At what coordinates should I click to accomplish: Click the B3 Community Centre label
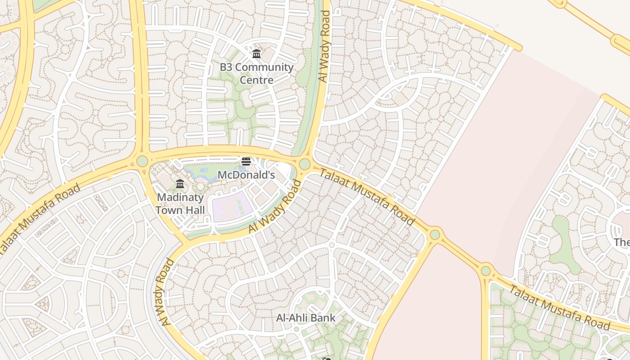pos(256,73)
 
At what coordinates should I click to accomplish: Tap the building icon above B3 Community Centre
pos(256,54)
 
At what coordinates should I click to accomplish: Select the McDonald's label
pos(246,175)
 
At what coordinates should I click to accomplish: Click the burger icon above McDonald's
pos(246,162)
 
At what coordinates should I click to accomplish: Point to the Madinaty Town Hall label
pos(180,203)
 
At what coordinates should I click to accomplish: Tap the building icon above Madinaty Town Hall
pos(180,184)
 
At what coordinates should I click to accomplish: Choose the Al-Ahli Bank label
pos(306,318)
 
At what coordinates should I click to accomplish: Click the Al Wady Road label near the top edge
pos(324,46)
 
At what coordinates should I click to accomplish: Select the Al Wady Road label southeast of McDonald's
pos(275,207)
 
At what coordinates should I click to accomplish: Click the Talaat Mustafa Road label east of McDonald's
pos(366,196)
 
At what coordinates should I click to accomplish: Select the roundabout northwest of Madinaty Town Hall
pos(142,161)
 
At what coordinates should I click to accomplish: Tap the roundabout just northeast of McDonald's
pos(305,164)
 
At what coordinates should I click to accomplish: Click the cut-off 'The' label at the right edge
pos(622,242)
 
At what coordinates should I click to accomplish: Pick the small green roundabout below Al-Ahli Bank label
pos(296,329)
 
